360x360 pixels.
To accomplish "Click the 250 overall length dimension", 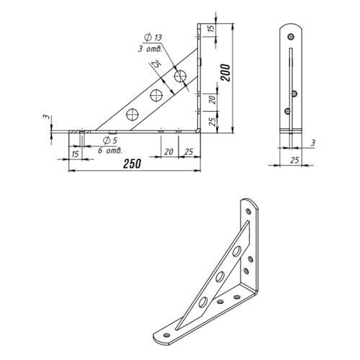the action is [132, 163].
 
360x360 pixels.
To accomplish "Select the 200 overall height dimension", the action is [226, 73].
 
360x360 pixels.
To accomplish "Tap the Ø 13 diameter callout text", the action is [153, 37].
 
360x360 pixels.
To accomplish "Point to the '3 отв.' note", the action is [150, 49].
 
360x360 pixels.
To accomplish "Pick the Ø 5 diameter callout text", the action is [110, 140].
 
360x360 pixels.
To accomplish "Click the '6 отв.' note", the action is [110, 150].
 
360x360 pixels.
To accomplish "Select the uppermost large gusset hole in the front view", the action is [180, 76].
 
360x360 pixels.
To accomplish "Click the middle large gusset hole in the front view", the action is [156, 95].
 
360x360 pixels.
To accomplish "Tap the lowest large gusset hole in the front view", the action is [132, 114].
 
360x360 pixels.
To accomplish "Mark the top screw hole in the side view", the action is [291, 37].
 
